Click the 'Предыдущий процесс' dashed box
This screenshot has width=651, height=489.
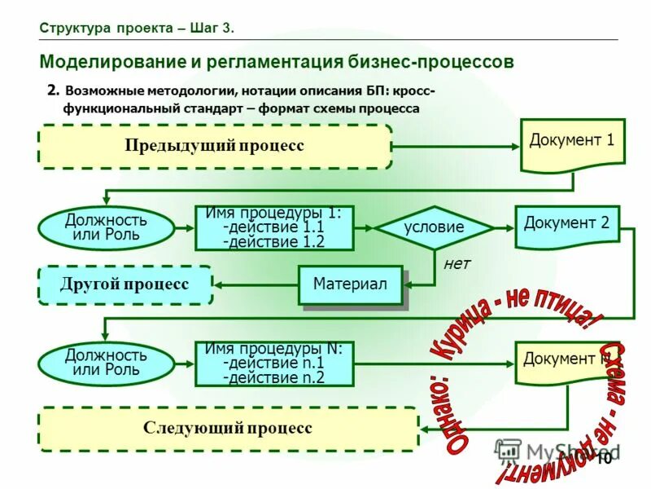pos(215,146)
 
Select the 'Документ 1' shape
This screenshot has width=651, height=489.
pos(571,143)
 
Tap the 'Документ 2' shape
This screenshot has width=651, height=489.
pos(566,225)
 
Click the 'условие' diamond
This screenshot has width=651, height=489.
pos(434,228)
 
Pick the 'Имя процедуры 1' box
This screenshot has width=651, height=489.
pos(274,228)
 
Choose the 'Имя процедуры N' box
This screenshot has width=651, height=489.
pos(274,363)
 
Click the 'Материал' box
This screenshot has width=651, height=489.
pos(350,284)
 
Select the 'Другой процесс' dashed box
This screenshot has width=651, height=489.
pos(125,284)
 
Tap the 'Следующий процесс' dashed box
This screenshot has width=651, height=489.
pos(228,429)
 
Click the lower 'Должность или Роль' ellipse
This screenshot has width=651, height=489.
pos(106,363)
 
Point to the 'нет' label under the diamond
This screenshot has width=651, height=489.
pos(457,264)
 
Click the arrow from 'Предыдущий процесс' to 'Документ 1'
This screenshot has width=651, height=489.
pos(456,147)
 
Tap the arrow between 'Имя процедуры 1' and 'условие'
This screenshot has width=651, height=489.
pos(365,228)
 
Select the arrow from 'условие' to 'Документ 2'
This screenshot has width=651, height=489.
pos(504,228)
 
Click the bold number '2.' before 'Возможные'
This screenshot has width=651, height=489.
pos(53,90)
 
